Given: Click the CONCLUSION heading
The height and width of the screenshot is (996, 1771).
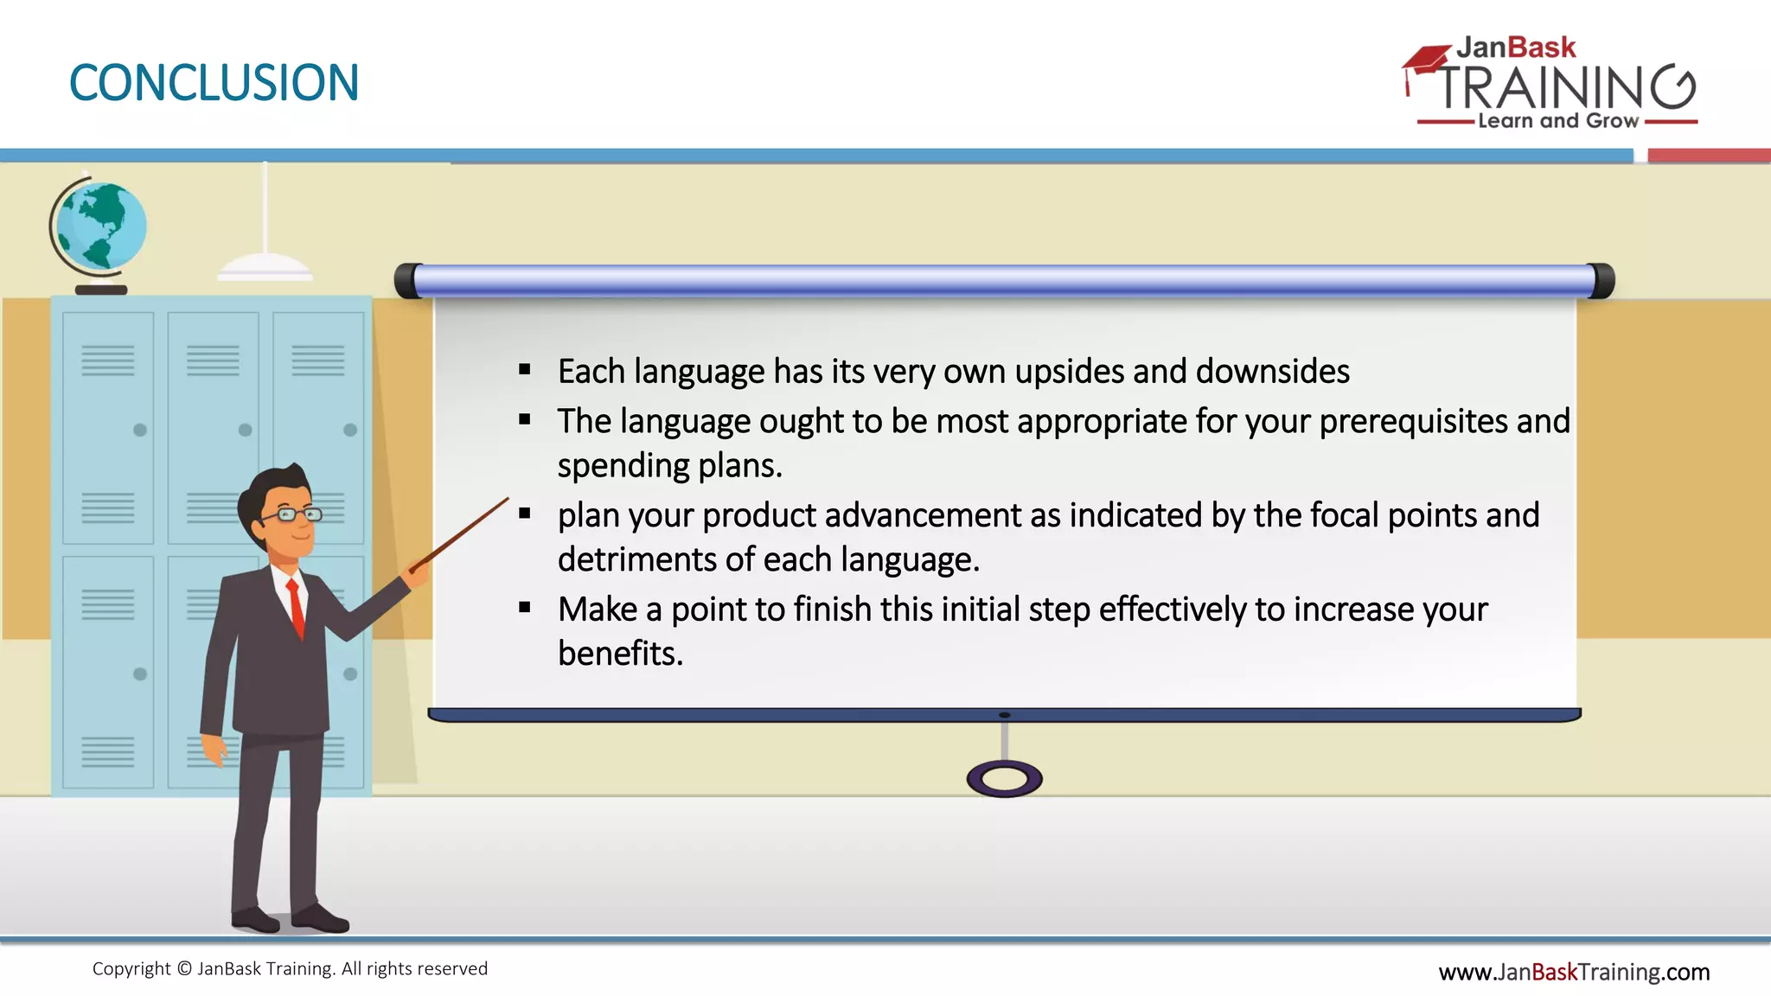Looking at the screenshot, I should (214, 83).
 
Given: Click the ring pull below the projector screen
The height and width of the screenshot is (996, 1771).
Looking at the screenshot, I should (1004, 779).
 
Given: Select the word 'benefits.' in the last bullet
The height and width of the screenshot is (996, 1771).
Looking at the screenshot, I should (620, 654).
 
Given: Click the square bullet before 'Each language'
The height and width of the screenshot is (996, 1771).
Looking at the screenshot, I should (525, 370).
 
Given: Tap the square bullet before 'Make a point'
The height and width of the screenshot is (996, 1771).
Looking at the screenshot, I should (525, 608).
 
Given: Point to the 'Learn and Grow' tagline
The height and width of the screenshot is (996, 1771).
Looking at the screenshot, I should (1557, 121).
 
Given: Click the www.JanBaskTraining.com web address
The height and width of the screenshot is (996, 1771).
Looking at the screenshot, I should (1574, 972).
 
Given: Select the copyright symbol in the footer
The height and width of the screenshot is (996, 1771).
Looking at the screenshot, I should (184, 969).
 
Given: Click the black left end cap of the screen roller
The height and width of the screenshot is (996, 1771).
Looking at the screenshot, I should (407, 281).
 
